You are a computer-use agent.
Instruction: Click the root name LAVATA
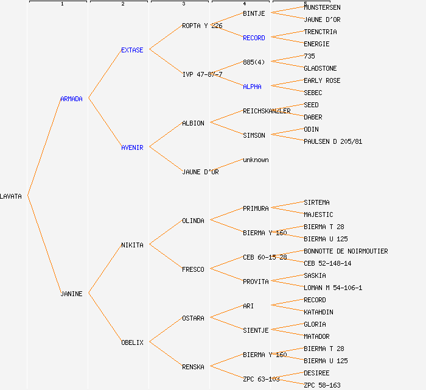[x=11, y=196]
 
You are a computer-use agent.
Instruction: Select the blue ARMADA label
[x=71, y=99]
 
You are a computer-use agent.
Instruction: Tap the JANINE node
[x=71, y=294]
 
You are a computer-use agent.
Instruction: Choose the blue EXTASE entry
[x=132, y=50]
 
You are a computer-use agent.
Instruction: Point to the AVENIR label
[x=132, y=147]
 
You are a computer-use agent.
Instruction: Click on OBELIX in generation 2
[x=132, y=342]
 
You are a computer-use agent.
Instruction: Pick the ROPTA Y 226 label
[x=202, y=26]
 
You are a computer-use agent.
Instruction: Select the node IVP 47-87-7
[x=202, y=74]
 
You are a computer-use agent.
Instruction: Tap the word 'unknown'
[x=256, y=160]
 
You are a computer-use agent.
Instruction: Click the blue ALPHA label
[x=252, y=87]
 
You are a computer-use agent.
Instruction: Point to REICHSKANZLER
[x=267, y=111]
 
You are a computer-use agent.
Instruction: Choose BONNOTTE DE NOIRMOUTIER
[x=346, y=251]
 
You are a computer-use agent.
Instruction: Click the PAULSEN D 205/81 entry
[x=333, y=141]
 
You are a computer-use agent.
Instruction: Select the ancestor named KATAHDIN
[x=318, y=312]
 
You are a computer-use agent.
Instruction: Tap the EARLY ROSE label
[x=322, y=80]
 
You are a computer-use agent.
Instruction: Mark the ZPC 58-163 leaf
[x=322, y=385]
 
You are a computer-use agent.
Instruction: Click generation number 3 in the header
[x=183, y=4]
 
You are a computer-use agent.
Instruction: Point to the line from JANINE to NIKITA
[x=105, y=269]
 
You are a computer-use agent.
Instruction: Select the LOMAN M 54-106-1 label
[x=333, y=288]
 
